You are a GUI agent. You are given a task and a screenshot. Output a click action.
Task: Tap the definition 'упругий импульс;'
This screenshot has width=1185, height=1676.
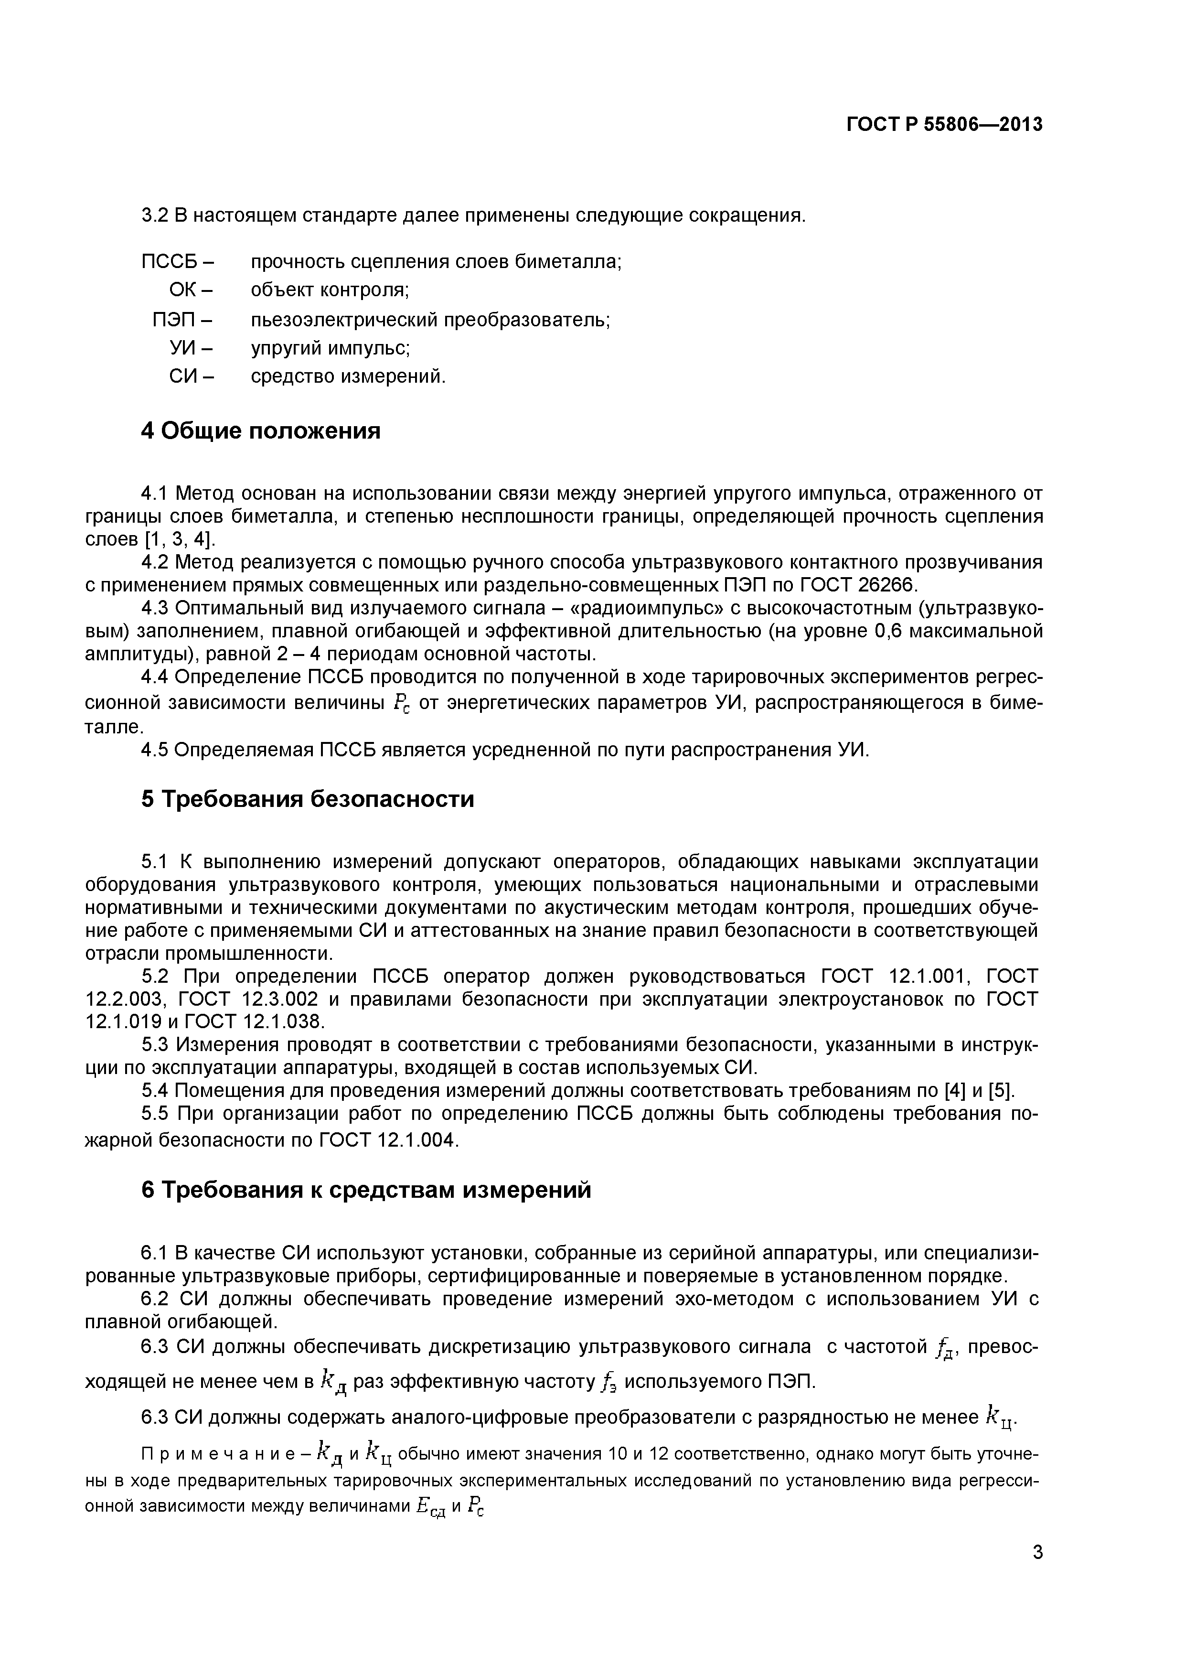pyautogui.click(x=331, y=348)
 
